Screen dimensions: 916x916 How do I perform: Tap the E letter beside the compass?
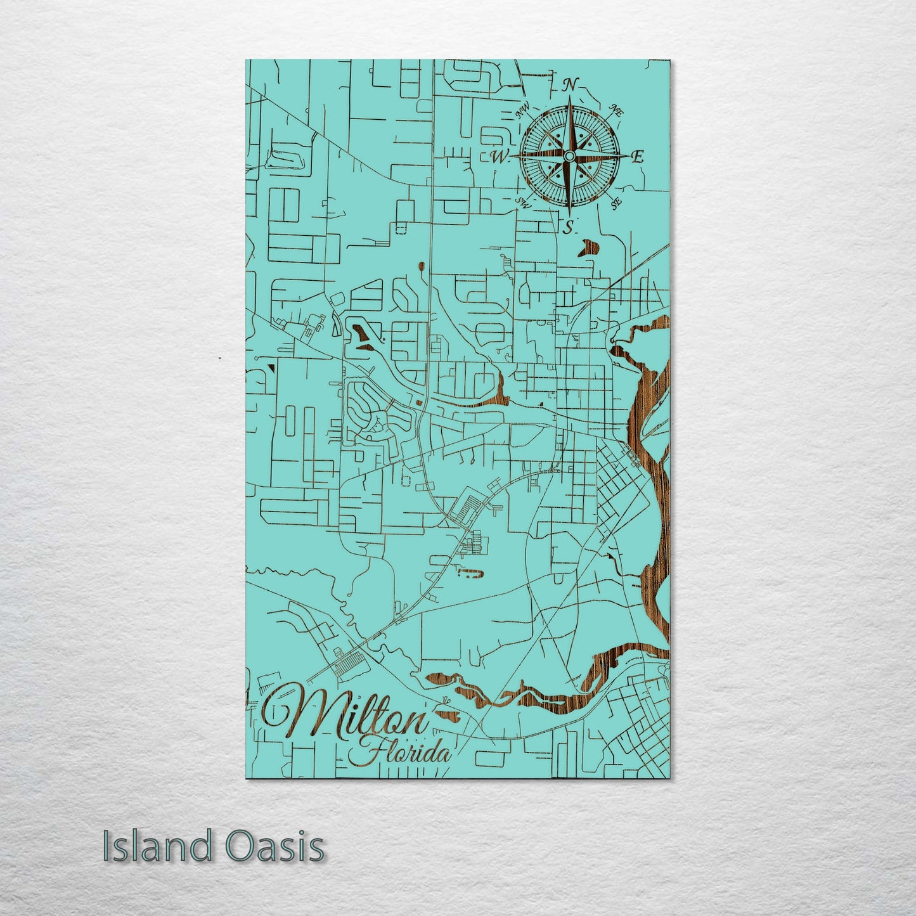click(638, 157)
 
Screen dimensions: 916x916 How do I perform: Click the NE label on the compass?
click(616, 110)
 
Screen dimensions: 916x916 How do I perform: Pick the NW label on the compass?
click(523, 112)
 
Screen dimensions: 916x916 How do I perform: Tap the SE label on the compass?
click(615, 203)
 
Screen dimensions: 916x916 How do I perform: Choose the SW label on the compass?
click(524, 202)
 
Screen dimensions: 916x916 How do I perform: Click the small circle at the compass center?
click(569, 156)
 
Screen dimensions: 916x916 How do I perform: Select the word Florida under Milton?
click(405, 753)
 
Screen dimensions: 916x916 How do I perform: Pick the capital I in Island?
click(106, 847)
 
